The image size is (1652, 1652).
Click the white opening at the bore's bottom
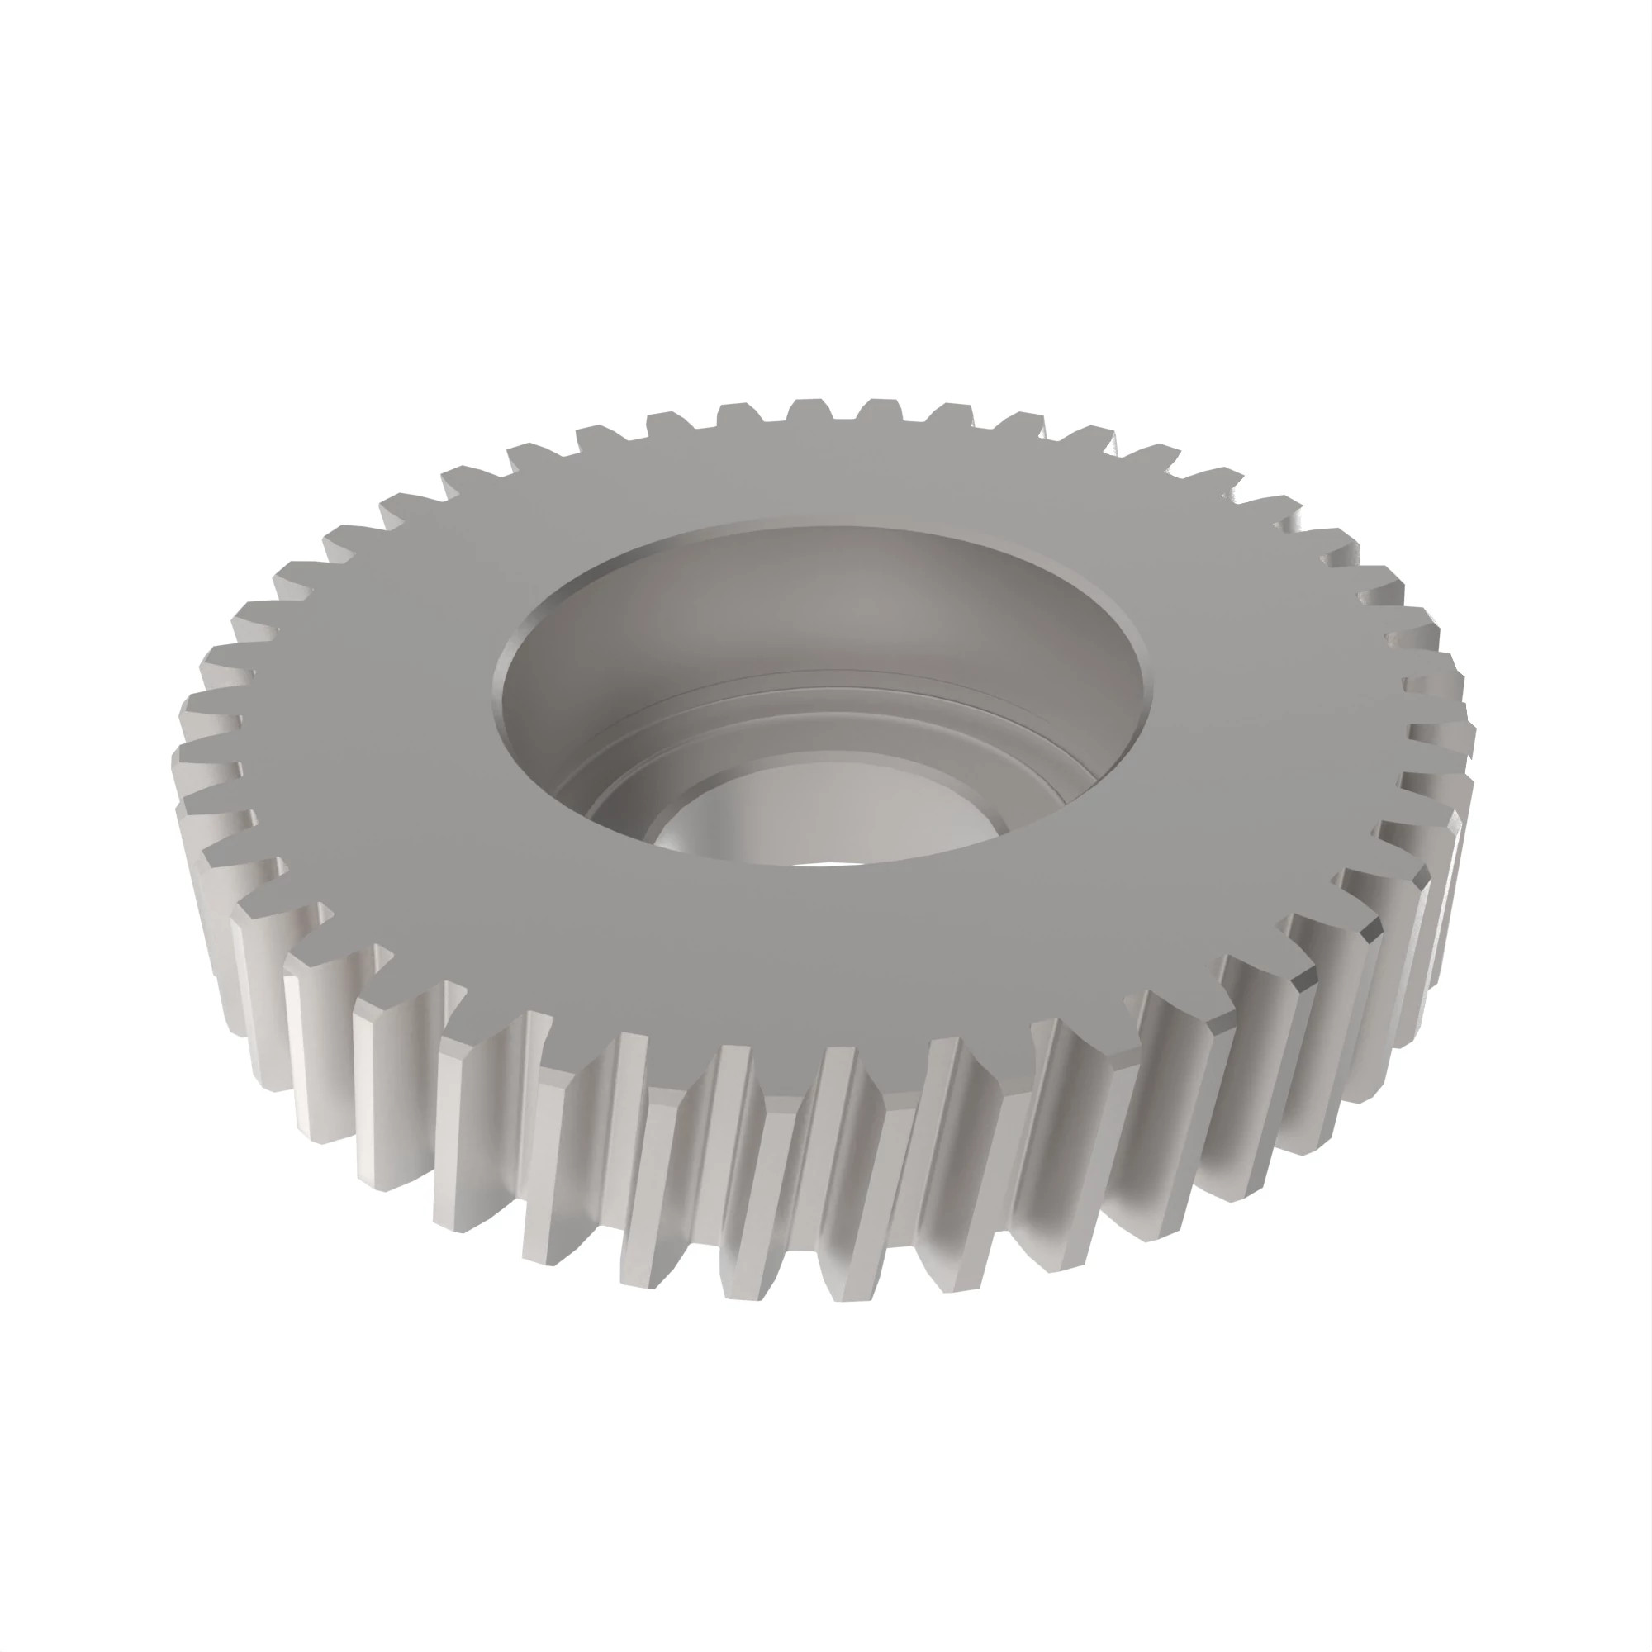(817, 862)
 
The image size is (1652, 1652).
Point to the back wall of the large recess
(821, 599)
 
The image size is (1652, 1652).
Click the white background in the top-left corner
(69, 69)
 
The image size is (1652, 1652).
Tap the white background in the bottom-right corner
(1582, 1582)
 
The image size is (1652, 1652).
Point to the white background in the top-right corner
(1582, 69)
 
